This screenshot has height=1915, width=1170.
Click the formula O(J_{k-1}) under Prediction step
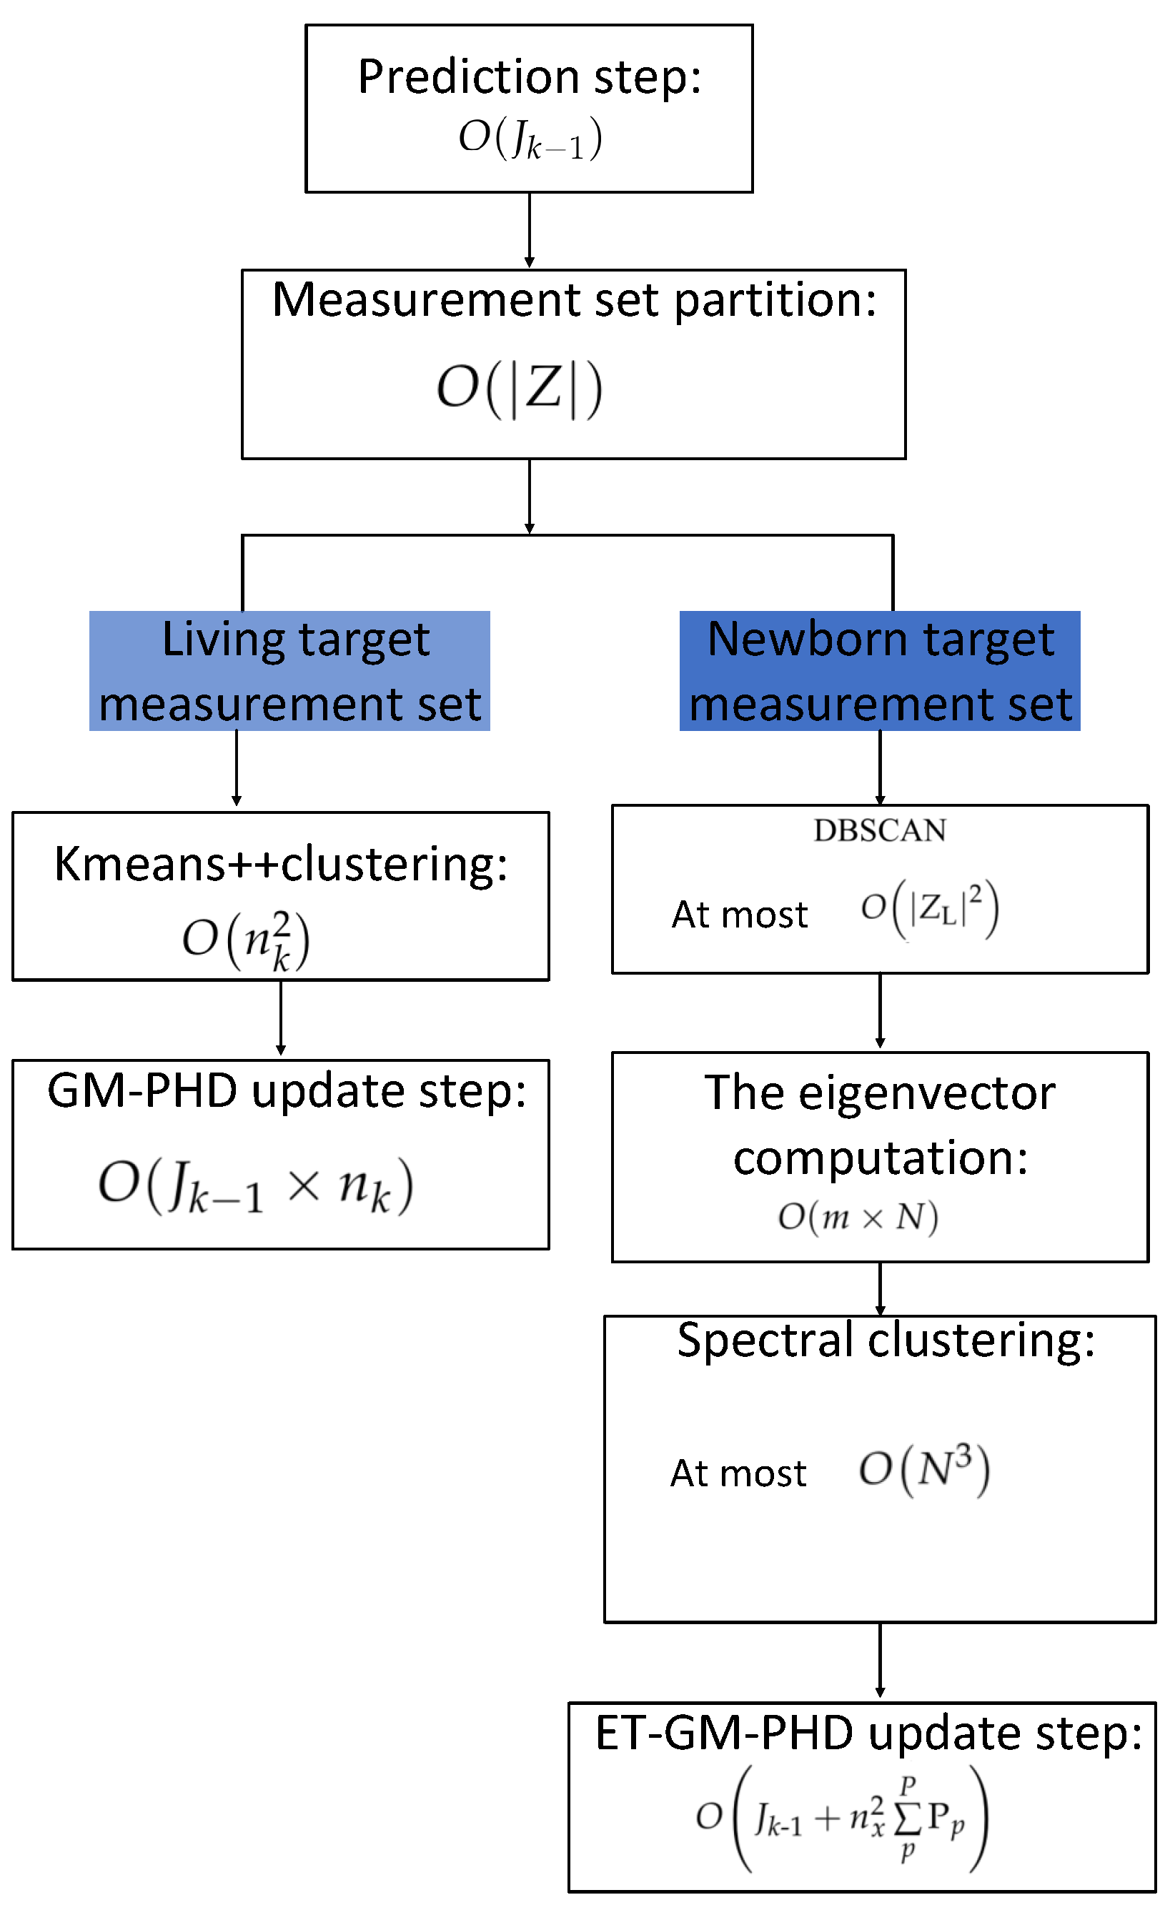tap(530, 139)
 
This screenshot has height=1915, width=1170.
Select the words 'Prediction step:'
tap(530, 77)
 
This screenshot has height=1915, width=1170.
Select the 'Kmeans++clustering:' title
tap(281, 863)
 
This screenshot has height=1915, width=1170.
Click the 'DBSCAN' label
tap(879, 831)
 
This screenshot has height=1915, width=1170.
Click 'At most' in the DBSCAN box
tap(739, 915)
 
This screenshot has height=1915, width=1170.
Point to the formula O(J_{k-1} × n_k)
tap(256, 1185)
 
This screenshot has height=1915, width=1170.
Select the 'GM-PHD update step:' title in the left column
tap(286, 1090)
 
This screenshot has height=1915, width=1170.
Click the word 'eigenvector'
tap(927, 1093)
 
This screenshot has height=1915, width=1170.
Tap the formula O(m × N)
tap(858, 1216)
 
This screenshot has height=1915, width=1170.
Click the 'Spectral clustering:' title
tap(886, 1340)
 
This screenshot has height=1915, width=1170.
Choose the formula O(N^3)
tap(923, 1468)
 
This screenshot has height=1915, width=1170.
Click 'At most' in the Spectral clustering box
tap(738, 1473)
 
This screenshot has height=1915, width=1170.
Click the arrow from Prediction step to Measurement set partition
tap(530, 230)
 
